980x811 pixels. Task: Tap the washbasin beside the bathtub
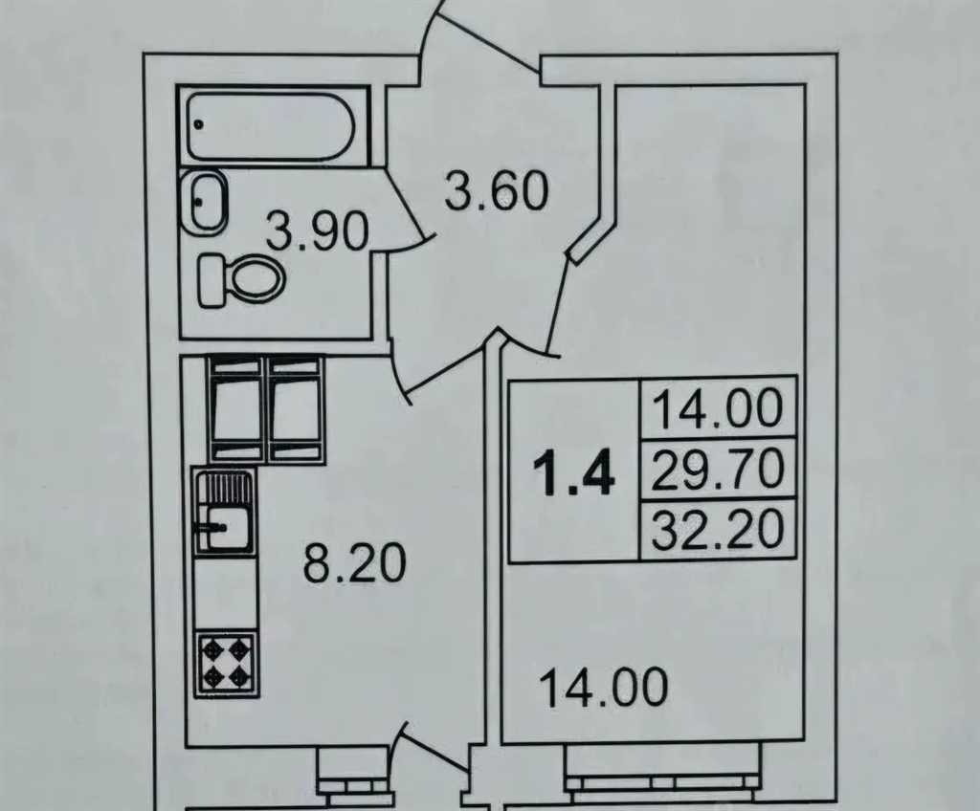pyautogui.click(x=206, y=201)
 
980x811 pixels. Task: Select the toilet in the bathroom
pyautogui.click(x=243, y=280)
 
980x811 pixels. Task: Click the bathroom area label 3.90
pyautogui.click(x=318, y=231)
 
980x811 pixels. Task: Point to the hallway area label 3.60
pyautogui.click(x=497, y=190)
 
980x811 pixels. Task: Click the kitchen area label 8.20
pyautogui.click(x=355, y=564)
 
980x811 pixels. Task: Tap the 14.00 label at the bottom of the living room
pyautogui.click(x=603, y=687)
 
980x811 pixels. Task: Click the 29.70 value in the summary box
pyautogui.click(x=719, y=470)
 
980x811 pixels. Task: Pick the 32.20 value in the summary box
pyautogui.click(x=719, y=528)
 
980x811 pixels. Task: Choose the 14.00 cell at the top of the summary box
pyautogui.click(x=719, y=408)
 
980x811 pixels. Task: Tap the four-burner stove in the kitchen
pyautogui.click(x=226, y=663)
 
